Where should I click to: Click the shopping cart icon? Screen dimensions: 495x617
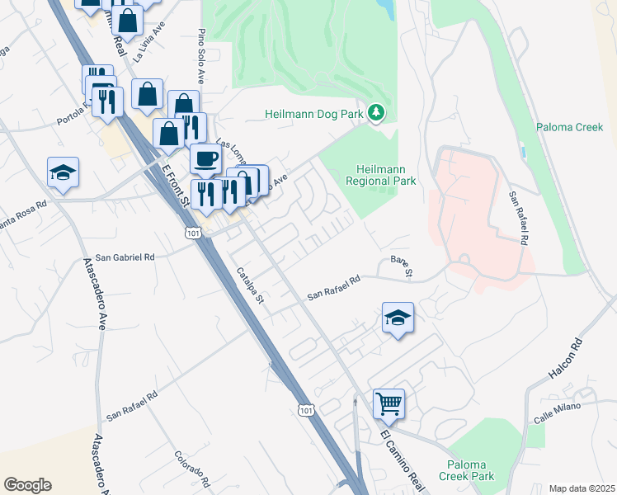pyautogui.click(x=389, y=404)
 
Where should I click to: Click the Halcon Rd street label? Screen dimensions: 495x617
pyautogui.click(x=566, y=359)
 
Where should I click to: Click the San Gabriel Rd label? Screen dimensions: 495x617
pyautogui.click(x=125, y=257)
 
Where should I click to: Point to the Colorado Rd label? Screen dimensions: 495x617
pyautogui.click(x=192, y=468)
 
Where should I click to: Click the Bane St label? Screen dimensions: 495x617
pyautogui.click(x=401, y=266)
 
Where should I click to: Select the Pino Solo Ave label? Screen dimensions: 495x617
pyautogui.click(x=200, y=56)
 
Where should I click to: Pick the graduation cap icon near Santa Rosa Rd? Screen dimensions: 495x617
pyautogui.click(x=63, y=172)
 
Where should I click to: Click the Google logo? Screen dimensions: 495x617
pyautogui.click(x=27, y=485)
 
